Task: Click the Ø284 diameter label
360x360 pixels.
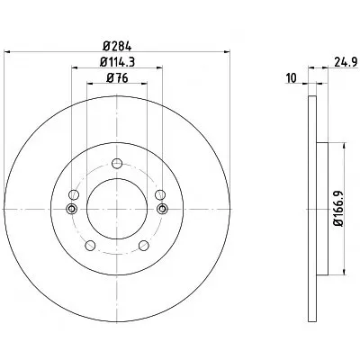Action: [x=117, y=46]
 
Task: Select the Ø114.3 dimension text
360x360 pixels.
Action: [x=117, y=62]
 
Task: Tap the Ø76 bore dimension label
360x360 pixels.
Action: [x=117, y=78]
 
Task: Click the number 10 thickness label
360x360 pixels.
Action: [x=292, y=78]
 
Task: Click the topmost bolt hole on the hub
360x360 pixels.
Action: [x=117, y=164]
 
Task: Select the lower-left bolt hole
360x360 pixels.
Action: [x=90, y=246]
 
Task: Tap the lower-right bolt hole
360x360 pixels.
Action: [x=144, y=246]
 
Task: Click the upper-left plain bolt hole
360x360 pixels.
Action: [x=74, y=194]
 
